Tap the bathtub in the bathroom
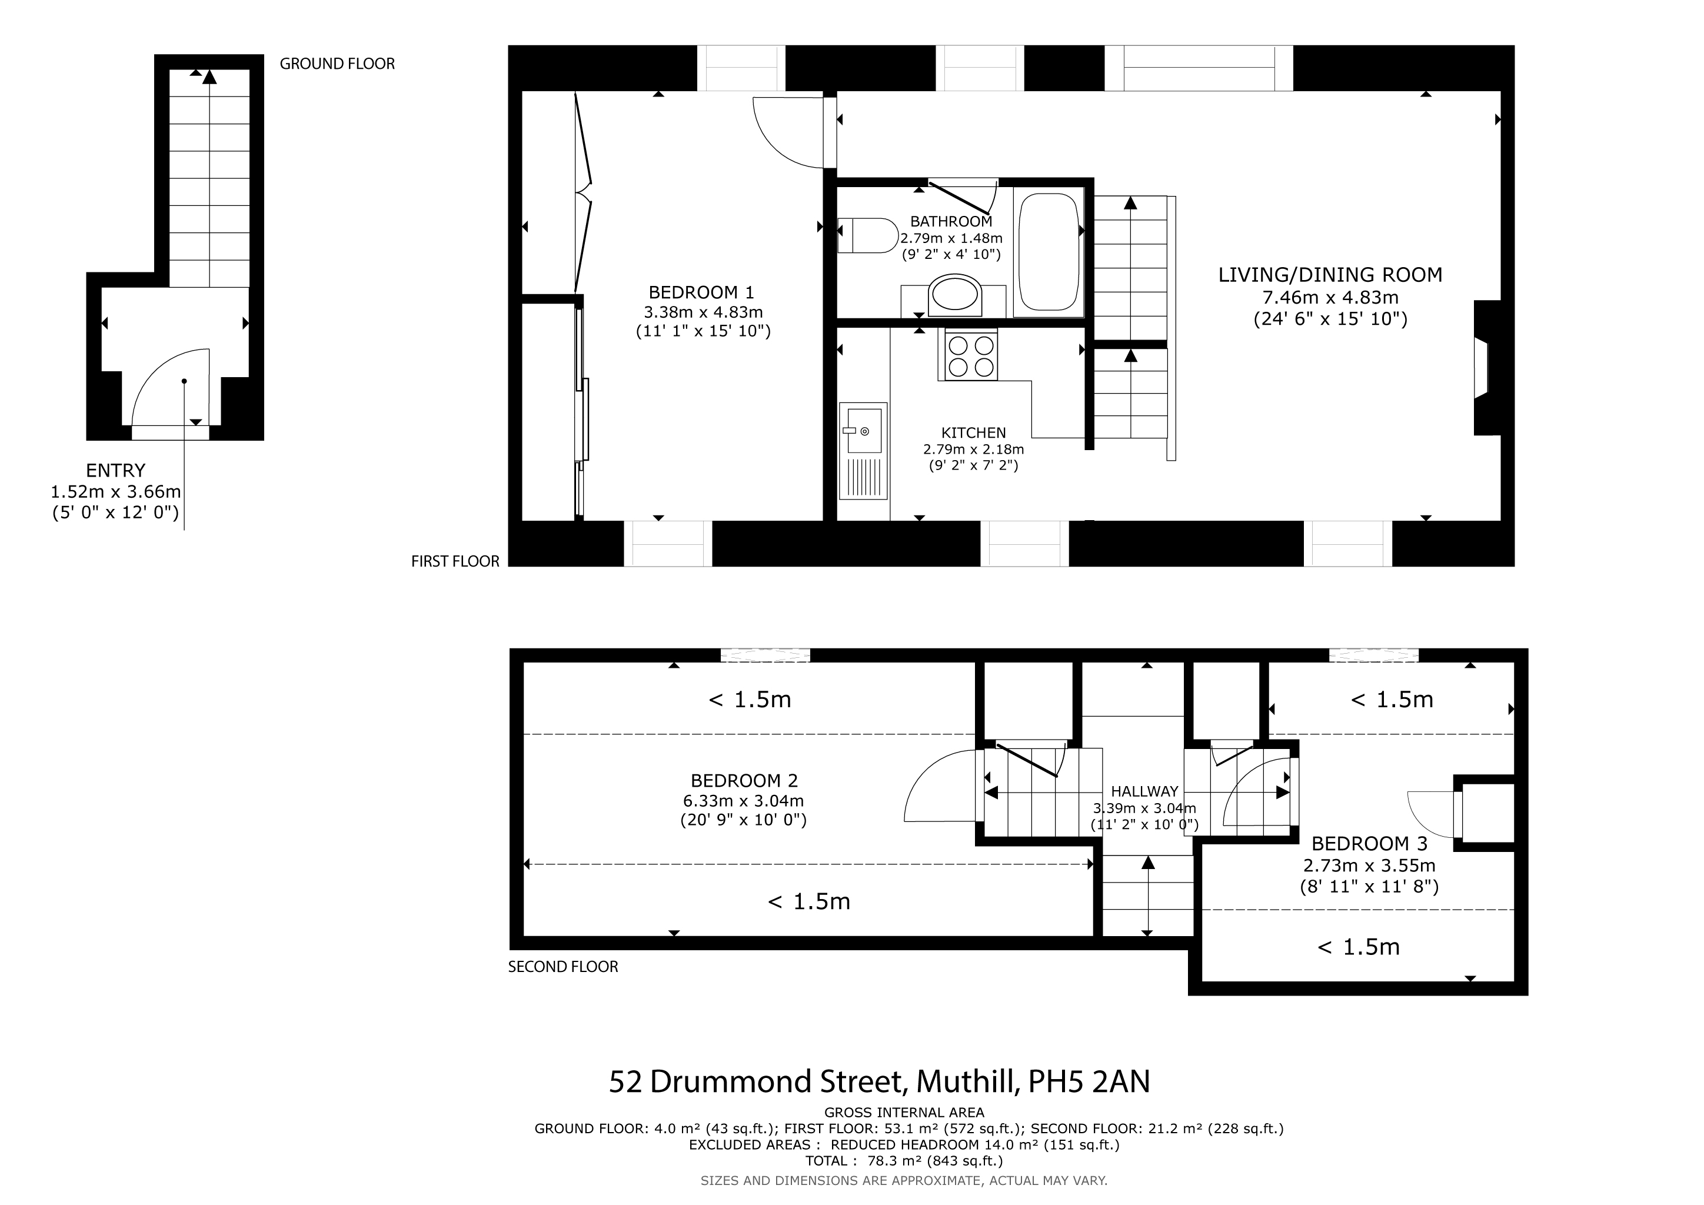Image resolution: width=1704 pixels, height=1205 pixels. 1049,252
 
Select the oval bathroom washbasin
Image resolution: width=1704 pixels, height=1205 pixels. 955,295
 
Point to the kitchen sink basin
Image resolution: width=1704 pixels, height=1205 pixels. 863,430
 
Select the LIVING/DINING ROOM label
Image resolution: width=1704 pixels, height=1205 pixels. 1330,275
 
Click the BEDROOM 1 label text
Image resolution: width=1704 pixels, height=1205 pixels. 702,292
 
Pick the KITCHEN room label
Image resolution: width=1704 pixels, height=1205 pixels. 974,432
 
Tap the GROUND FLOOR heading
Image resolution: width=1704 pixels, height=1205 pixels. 337,64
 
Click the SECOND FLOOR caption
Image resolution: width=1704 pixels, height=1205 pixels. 563,966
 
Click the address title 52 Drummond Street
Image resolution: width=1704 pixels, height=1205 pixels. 757,1082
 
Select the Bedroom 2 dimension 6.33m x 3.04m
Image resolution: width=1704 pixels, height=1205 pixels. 743,801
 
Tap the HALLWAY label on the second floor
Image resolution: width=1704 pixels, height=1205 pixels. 1144,791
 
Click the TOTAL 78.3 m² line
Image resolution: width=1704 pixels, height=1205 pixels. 904,1160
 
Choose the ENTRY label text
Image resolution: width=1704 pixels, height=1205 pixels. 115,471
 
